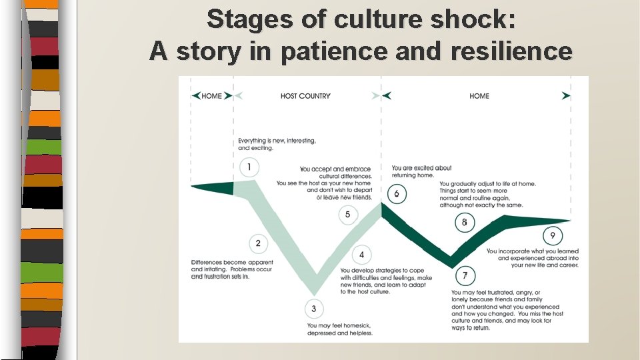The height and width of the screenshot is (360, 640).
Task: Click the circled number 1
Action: (x=249, y=167)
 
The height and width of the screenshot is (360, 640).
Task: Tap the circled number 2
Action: (x=258, y=243)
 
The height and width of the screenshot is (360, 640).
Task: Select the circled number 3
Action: (x=313, y=309)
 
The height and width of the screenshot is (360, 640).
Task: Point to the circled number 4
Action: (x=361, y=255)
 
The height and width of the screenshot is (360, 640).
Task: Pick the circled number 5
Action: (x=347, y=215)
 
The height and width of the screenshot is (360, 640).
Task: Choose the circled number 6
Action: (x=397, y=194)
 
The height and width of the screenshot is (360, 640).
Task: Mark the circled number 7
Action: (x=465, y=275)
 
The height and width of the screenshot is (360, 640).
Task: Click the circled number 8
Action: (x=465, y=222)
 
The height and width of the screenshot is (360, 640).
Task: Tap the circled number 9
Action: (x=552, y=235)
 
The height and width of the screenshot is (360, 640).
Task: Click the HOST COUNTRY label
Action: (x=305, y=96)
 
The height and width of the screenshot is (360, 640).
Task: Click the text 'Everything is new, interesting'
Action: (x=277, y=141)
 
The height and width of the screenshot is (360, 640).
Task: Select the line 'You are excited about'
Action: (x=421, y=168)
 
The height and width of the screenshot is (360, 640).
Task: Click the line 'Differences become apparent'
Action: (x=232, y=263)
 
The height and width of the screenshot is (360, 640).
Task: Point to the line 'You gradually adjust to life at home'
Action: (x=487, y=184)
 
